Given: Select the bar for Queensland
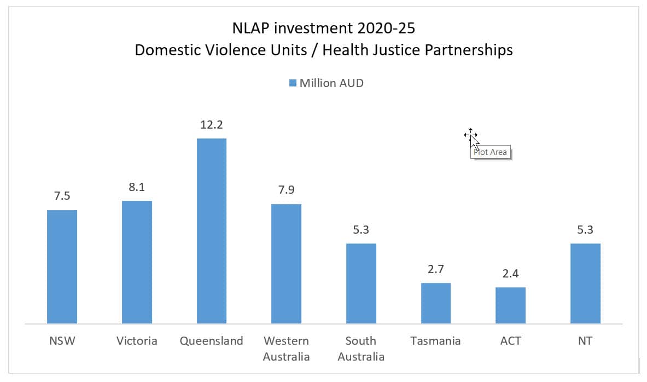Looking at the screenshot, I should (211, 230).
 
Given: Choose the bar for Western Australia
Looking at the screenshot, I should (286, 263).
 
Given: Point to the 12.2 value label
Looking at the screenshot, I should (211, 124).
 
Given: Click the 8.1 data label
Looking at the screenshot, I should (137, 187).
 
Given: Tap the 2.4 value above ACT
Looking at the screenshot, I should (510, 274).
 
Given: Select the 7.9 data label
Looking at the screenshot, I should (286, 190).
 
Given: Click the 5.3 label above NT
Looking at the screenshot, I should (585, 230).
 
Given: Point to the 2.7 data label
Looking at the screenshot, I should (435, 269).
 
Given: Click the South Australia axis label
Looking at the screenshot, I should (360, 349).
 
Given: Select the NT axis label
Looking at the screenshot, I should (585, 341).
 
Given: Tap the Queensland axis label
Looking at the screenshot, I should (211, 341).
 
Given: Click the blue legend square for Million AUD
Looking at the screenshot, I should (293, 83).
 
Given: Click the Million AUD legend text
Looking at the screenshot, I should (331, 83).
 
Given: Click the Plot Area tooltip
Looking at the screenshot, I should (491, 152).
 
